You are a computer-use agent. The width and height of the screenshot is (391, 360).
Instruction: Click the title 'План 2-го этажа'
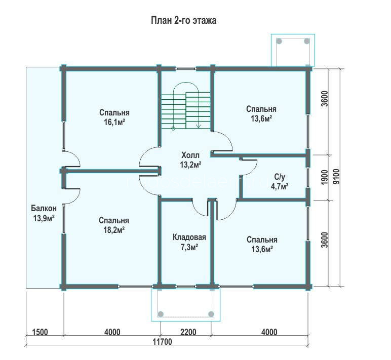pyautogui.click(x=183, y=20)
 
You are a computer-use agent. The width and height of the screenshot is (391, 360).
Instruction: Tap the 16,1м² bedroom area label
pyautogui.click(x=114, y=123)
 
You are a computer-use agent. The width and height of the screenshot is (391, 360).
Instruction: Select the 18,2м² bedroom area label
pyautogui.click(x=114, y=230)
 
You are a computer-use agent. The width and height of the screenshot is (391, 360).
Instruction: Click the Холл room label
pyautogui.click(x=190, y=155)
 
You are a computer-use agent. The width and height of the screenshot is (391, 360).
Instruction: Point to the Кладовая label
pyautogui.click(x=189, y=237)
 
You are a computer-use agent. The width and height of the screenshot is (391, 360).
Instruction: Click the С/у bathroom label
pyautogui.click(x=280, y=177)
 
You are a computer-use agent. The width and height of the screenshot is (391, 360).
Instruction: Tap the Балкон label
pyautogui.click(x=44, y=208)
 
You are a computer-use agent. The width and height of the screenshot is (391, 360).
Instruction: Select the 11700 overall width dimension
pyautogui.click(x=162, y=341)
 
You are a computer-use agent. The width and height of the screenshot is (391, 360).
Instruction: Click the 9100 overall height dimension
pyautogui.click(x=336, y=177)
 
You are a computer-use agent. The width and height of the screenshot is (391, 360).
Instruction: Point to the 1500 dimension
pyautogui.click(x=40, y=332)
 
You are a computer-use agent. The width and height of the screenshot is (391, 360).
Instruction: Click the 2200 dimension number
pyautogui.click(x=188, y=332)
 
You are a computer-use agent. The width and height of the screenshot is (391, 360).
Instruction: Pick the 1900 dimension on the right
pyautogui.click(x=324, y=177)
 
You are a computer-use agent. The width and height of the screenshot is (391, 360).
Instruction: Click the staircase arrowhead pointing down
pyautogui.click(x=199, y=126)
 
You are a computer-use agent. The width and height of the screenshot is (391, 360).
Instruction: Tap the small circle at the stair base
pyautogui.click(x=173, y=129)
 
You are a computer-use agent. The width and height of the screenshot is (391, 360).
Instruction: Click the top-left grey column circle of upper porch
pyautogui.click(x=279, y=41)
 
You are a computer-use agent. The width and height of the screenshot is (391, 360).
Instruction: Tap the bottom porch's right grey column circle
pyautogui.click(x=211, y=313)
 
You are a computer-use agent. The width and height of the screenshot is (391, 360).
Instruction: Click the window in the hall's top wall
pyautogui.click(x=185, y=68)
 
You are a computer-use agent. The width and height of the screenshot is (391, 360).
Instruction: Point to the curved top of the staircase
pyautogui.click(x=186, y=83)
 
